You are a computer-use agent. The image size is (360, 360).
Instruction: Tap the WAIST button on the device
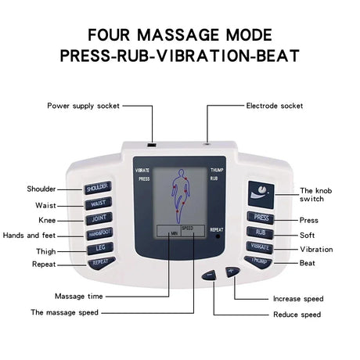tap(99, 203)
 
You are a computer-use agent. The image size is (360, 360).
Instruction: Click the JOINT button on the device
tap(99, 218)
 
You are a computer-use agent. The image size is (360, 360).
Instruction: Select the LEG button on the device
tap(100, 248)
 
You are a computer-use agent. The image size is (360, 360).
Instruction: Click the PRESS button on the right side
tap(260, 218)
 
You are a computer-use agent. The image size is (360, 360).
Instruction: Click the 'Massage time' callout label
tap(79, 296)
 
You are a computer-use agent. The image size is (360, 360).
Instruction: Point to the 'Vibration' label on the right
tap(315, 249)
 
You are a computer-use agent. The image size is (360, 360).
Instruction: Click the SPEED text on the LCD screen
tap(187, 228)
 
